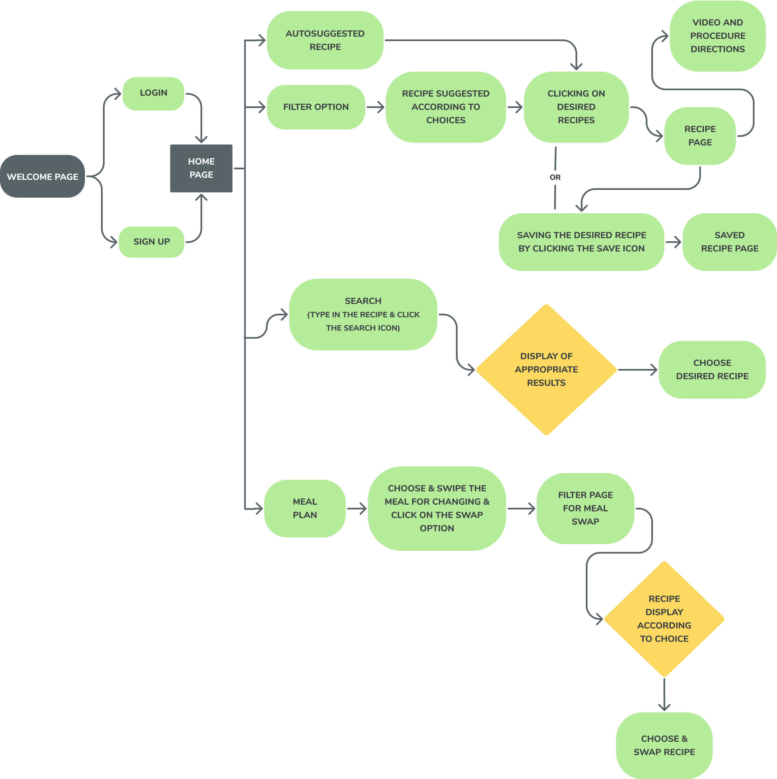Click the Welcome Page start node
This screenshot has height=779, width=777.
point(42,176)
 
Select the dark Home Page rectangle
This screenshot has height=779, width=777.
point(201,168)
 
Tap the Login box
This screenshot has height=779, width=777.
point(153,93)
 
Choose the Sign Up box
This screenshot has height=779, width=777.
point(152,242)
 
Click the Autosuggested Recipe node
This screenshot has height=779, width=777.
point(325,40)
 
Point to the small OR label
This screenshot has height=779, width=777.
point(555,177)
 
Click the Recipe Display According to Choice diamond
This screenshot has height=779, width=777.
point(664,619)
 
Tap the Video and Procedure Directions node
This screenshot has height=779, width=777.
point(717,36)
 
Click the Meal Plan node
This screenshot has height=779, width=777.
point(305,508)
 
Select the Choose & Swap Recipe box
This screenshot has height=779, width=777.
point(664,745)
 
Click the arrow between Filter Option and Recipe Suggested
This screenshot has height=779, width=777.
point(375,107)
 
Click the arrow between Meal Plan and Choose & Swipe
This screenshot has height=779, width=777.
point(357,508)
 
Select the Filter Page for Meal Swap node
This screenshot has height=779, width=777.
point(585,508)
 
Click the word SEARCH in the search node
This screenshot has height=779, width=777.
point(363,301)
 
